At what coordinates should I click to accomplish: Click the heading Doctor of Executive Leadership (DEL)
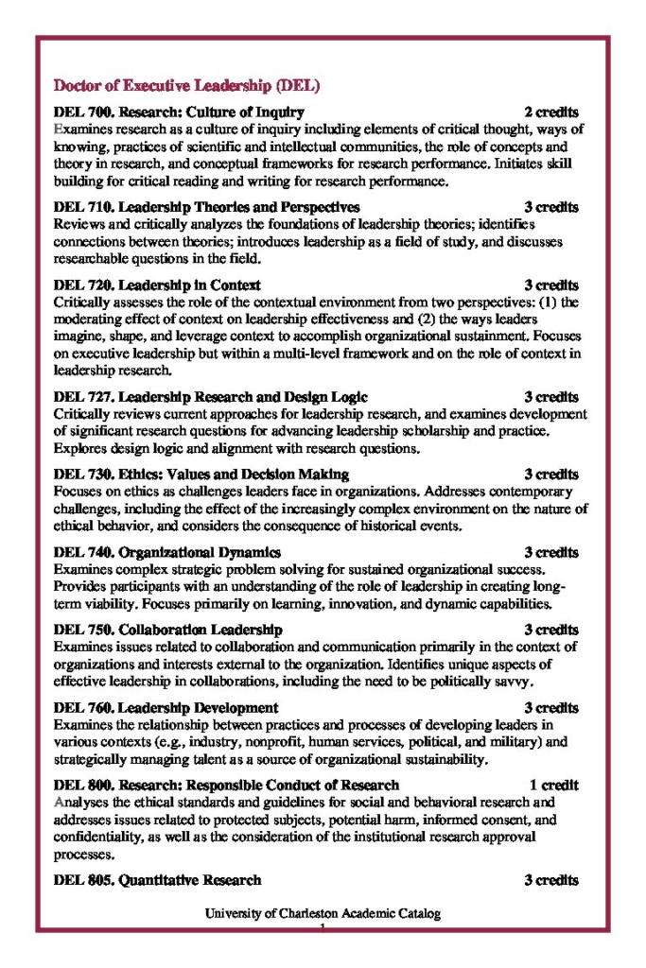coord(187,86)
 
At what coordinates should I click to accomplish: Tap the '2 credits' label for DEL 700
coord(551,112)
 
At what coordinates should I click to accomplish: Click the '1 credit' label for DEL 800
coord(553,785)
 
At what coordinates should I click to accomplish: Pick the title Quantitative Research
coord(190,880)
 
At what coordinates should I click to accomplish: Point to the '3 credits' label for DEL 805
coord(551,880)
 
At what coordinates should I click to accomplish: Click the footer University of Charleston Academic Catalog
coord(323,914)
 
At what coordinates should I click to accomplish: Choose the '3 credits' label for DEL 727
coord(551,396)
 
